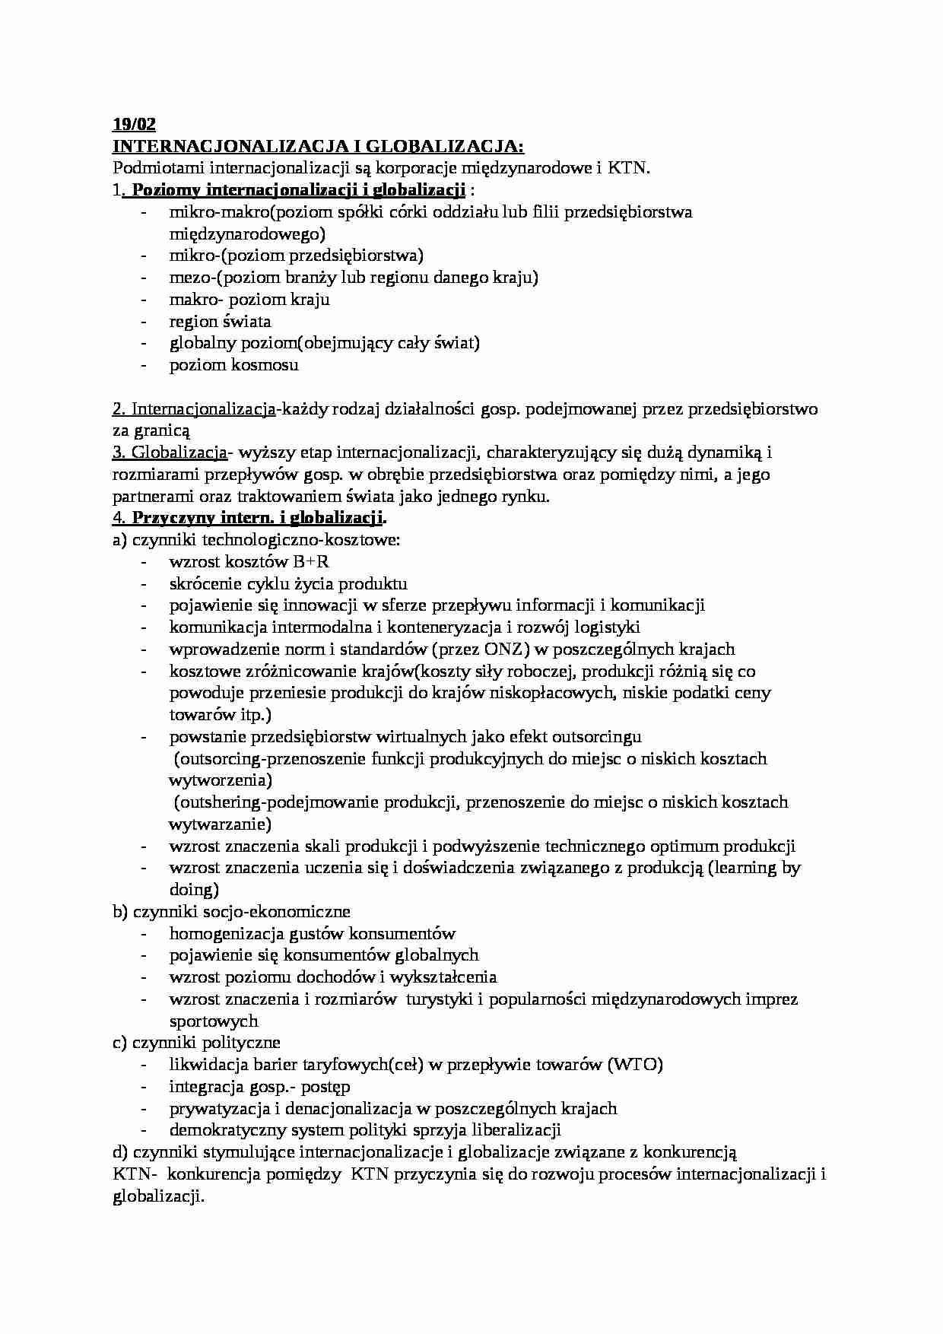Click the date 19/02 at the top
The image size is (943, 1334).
pyautogui.click(x=134, y=125)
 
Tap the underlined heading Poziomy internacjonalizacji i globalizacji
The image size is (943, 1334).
pyautogui.click(x=299, y=190)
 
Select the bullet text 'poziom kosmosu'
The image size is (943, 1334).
pyautogui.click(x=233, y=365)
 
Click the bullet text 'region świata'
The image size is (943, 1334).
pyautogui.click(x=220, y=322)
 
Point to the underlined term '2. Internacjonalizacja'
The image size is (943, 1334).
pyautogui.click(x=194, y=409)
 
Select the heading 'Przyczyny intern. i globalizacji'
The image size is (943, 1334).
pyautogui.click(x=259, y=519)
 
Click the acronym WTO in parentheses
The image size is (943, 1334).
pyautogui.click(x=635, y=1065)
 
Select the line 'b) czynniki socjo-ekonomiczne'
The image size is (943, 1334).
pyautogui.click(x=231, y=911)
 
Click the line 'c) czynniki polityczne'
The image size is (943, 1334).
pyautogui.click(x=196, y=1043)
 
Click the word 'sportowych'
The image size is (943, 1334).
pyautogui.click(x=214, y=1021)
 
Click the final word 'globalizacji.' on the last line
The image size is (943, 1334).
pyautogui.click(x=158, y=1196)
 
